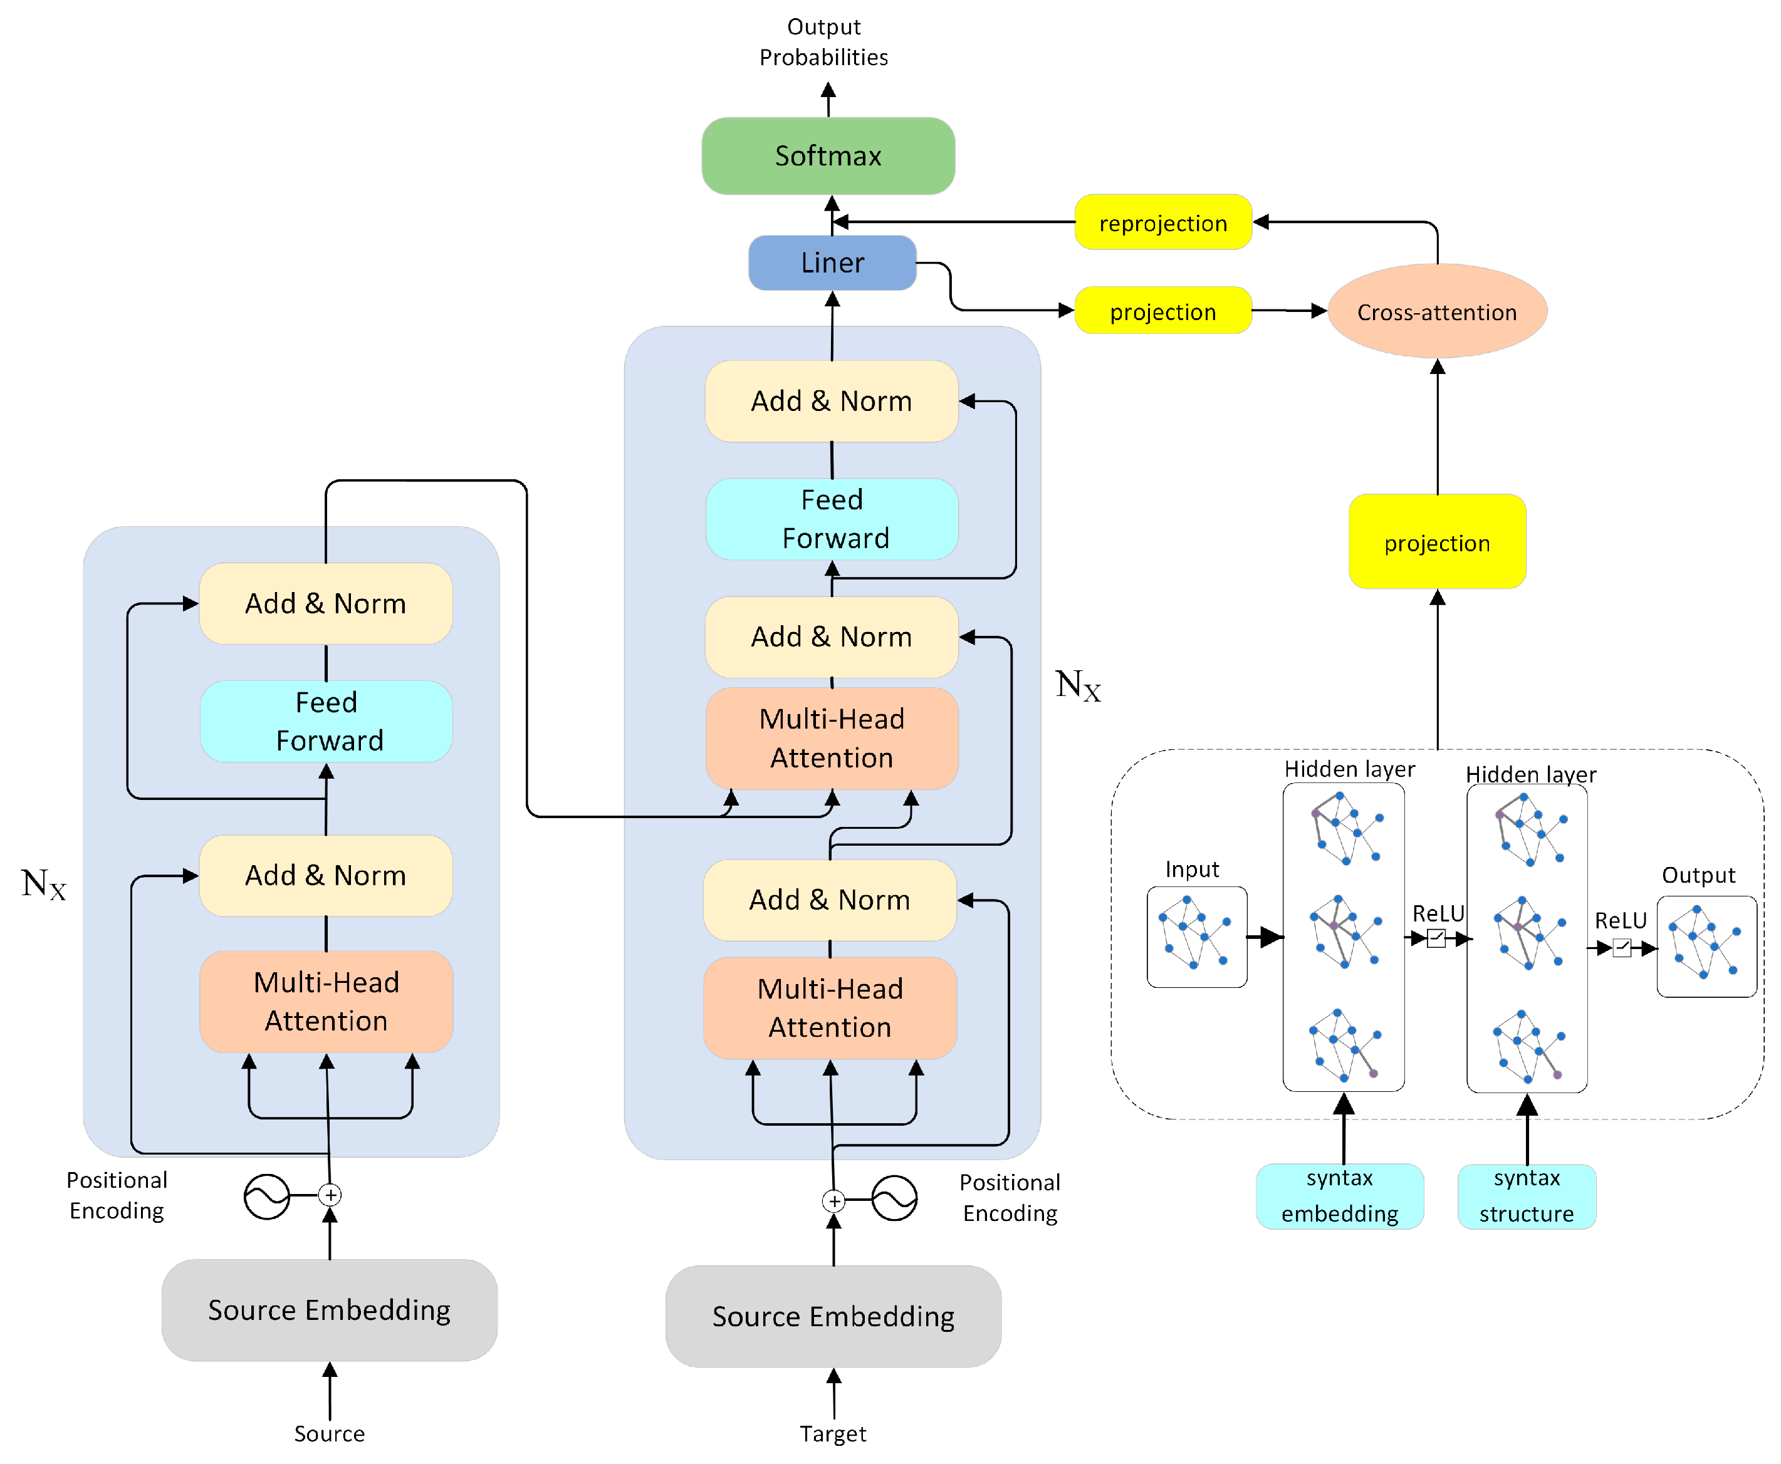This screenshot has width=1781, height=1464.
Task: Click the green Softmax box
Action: coord(828,156)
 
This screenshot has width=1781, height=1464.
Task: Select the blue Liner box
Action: coord(832,263)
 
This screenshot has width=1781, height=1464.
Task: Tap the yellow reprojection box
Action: coord(1162,222)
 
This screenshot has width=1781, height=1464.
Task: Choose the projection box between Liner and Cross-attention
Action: coord(1162,311)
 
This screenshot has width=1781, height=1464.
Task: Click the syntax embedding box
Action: coord(1339,1196)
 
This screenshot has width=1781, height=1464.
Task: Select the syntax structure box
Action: coord(1525,1196)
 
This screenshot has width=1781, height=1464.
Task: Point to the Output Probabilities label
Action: coord(823,42)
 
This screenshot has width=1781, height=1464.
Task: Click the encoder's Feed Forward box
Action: coord(326,721)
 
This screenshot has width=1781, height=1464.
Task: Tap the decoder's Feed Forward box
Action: coord(832,519)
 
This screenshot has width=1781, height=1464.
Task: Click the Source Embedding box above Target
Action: coord(833,1316)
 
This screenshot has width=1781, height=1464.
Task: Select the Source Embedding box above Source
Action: coord(329,1310)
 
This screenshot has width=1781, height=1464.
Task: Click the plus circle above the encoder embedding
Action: coord(330,1195)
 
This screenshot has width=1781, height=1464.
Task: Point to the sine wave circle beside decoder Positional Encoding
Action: coord(894,1198)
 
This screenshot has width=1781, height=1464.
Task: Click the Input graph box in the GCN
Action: coord(1196,936)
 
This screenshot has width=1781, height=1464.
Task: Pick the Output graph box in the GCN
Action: coord(1705,946)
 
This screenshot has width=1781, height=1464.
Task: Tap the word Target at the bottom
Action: coord(833,1434)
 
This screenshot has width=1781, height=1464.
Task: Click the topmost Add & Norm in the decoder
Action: coord(832,402)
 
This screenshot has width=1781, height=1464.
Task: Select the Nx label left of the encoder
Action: coord(44,885)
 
